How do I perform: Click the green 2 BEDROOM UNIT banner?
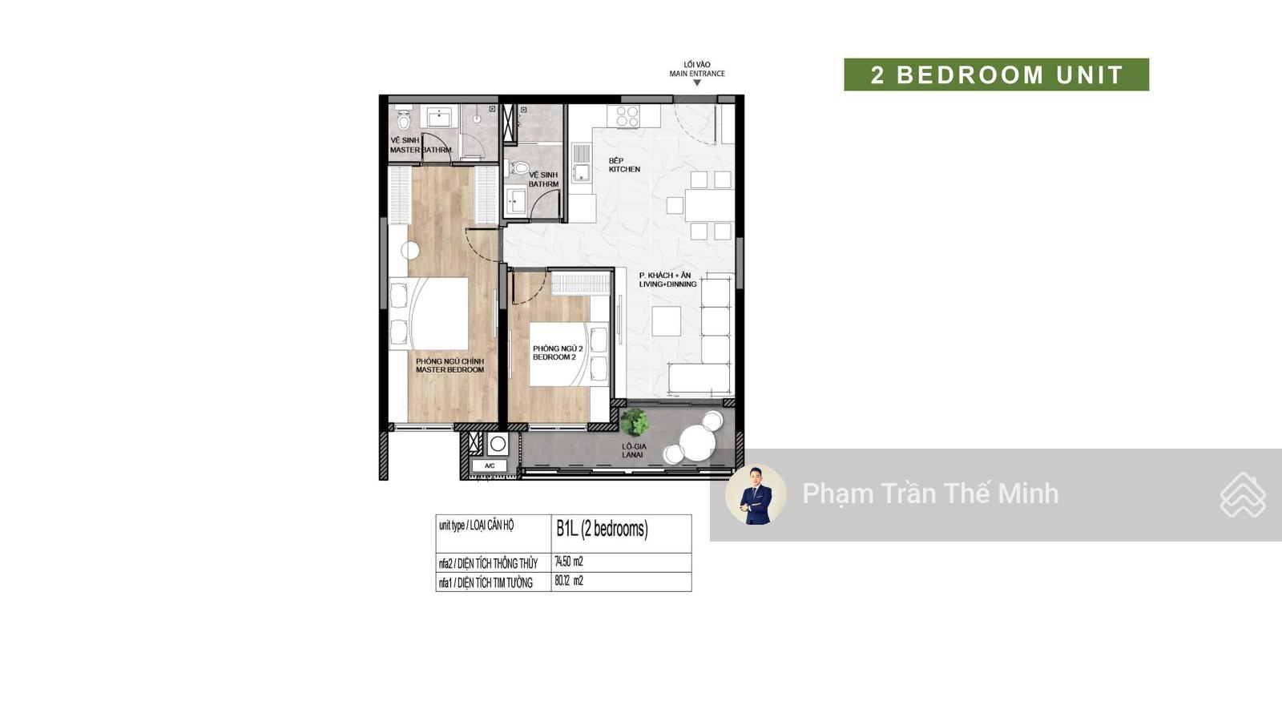[996, 75]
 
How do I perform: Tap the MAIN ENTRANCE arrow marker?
[697, 83]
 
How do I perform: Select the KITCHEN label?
[624, 169]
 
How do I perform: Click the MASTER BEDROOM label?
[450, 370]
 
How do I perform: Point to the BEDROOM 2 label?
[554, 357]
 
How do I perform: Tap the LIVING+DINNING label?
[668, 284]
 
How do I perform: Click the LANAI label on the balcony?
[632, 455]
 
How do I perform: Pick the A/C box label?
[490, 465]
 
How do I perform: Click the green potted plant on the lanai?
[634, 422]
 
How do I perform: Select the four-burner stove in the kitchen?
[627, 117]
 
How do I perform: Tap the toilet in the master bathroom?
[404, 119]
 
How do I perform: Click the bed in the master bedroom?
[429, 313]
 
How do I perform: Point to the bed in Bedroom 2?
[569, 354]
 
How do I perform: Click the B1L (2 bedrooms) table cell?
[621, 534]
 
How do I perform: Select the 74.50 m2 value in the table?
[569, 562]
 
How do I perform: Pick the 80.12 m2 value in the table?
[569, 581]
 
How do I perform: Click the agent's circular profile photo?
[756, 494]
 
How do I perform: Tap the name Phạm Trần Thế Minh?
[930, 493]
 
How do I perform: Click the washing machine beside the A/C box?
[498, 444]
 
